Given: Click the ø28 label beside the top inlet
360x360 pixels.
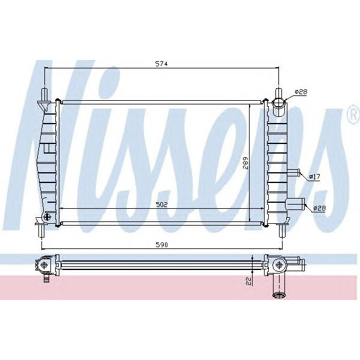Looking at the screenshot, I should coord(301,92).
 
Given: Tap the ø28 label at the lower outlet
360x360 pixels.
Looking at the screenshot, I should coord(319,208).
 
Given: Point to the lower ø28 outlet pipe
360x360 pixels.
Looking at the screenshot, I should coord(296,204).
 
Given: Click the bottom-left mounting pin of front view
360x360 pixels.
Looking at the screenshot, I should coord(40,230).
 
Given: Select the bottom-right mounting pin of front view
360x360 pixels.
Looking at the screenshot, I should coord(280,230).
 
